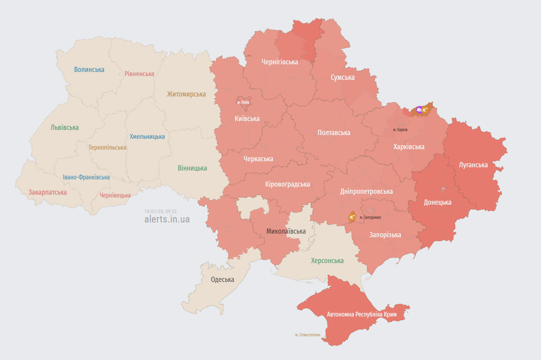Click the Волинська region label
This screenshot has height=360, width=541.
point(89,70)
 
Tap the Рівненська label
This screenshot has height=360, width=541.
point(139,74)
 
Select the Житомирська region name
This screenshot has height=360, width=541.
point(186,94)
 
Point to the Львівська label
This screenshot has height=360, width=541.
point(65,128)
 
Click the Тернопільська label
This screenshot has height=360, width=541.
point(107,148)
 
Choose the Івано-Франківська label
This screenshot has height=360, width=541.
point(86,177)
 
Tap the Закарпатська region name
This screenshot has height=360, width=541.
point(47,192)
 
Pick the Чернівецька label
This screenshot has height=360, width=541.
point(115,195)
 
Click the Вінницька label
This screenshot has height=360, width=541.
point(192,168)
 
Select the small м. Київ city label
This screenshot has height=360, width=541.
point(243,102)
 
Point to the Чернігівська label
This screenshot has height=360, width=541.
point(280,62)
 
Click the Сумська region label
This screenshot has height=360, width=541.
point(342,77)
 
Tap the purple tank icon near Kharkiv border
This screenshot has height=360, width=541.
point(420,109)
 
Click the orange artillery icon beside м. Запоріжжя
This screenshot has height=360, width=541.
point(352,217)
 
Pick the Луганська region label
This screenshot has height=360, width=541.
point(473,165)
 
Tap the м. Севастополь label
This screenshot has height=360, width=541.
point(307,335)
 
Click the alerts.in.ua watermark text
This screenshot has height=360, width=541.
point(167,219)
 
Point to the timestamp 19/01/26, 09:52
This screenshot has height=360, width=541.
point(160,211)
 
